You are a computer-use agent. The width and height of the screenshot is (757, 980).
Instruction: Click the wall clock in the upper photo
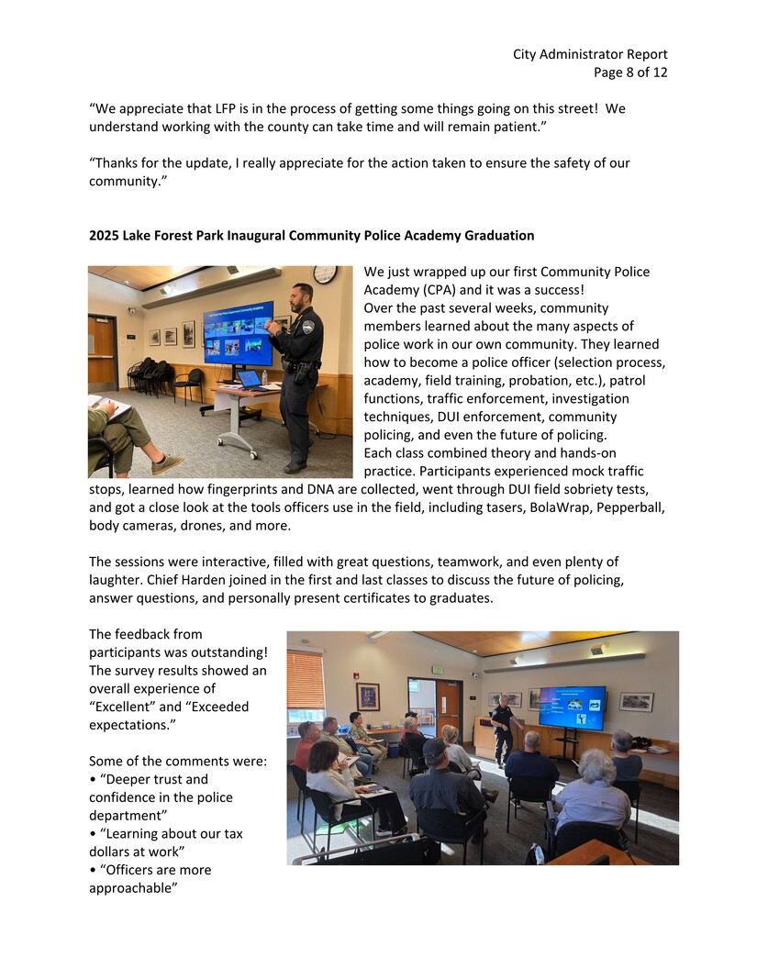324,274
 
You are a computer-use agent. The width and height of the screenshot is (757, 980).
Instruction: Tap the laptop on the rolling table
249,379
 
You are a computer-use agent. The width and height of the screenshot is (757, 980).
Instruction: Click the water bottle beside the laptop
265,377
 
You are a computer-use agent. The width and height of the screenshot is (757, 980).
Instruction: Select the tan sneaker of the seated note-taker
168,464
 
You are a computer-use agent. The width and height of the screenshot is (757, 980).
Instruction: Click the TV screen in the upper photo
238,333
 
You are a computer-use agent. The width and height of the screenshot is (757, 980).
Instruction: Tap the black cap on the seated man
434,746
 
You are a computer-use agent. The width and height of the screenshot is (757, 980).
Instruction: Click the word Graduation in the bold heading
499,236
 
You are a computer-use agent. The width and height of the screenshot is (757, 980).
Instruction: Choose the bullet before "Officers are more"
92,870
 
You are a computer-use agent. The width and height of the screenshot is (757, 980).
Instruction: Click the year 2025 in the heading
105,236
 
